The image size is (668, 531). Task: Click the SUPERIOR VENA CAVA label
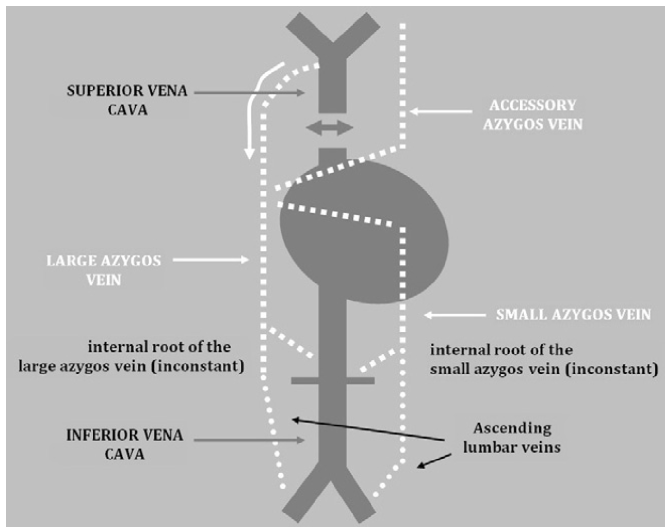point(127,100)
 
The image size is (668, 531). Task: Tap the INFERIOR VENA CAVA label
point(125,444)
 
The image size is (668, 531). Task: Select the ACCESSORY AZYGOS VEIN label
point(533,115)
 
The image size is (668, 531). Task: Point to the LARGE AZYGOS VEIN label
point(103,270)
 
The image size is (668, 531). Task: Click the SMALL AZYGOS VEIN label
point(573,315)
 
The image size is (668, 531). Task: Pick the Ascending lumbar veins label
point(512,438)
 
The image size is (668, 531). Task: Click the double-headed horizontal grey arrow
point(330,128)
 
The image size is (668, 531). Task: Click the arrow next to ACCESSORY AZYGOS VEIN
point(441,111)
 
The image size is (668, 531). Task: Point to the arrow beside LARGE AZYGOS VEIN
point(210,260)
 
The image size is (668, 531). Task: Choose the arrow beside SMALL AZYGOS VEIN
point(454,315)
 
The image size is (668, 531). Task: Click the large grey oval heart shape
point(365,233)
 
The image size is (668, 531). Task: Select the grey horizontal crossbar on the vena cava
point(333,380)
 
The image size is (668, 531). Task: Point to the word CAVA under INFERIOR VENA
point(125,454)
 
